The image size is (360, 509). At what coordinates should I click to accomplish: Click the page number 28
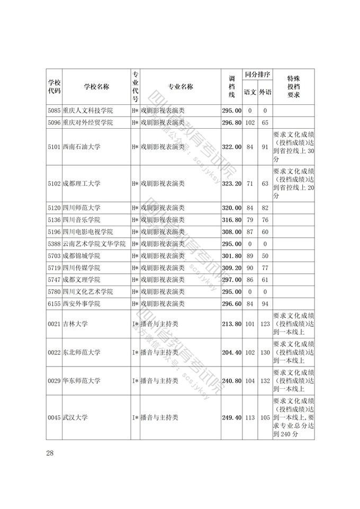point(50,453)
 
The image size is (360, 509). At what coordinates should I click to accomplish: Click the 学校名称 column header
point(96,87)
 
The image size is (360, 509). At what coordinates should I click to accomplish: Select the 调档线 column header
point(231,87)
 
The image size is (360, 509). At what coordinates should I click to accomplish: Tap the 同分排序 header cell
point(257,75)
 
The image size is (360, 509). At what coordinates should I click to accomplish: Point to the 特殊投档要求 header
point(293,87)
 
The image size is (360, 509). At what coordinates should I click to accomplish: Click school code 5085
point(54,111)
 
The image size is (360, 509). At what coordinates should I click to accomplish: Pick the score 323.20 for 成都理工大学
point(231,184)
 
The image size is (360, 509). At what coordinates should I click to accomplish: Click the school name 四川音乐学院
point(81,220)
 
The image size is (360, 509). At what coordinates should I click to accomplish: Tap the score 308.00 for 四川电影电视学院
point(231,232)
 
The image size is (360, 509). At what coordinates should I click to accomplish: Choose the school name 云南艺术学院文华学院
point(94,244)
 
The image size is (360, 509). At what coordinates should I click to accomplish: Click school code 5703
point(54,256)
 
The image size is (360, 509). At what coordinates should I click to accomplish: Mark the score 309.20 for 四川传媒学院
point(231,269)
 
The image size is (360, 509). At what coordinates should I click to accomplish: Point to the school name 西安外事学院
point(81,304)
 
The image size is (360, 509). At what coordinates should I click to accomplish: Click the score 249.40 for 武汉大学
point(231,418)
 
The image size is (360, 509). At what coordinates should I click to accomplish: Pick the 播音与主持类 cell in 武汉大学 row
point(159,418)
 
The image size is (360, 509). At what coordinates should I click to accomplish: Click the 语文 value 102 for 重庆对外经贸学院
point(250,123)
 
